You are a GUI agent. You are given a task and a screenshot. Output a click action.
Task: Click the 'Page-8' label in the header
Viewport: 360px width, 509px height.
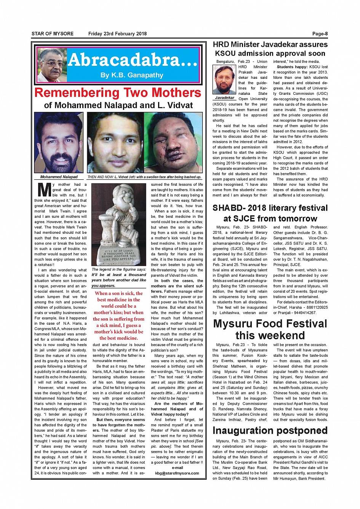point(320,34)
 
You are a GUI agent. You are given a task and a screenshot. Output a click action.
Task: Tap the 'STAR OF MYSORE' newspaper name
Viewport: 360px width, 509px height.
point(53,34)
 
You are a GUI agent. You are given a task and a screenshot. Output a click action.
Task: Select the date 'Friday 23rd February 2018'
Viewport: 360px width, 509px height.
point(117,34)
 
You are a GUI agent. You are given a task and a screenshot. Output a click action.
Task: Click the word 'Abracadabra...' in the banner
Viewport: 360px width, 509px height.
point(133,60)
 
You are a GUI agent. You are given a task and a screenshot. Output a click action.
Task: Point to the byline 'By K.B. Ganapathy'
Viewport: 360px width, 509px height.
point(132,75)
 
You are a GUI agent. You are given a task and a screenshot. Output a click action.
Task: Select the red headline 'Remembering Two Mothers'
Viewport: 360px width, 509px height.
point(118,93)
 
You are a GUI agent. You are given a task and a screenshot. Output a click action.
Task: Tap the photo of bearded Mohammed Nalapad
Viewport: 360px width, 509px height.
point(59,143)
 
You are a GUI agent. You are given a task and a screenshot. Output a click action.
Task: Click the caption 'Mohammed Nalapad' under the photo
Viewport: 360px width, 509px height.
point(59,177)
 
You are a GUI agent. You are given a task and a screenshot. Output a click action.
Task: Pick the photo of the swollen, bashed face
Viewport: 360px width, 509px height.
point(173,143)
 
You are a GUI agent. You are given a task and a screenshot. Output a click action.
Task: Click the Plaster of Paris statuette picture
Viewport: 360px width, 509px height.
point(119,225)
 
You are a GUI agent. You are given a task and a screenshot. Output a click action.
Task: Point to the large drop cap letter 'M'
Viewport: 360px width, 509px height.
point(44,190)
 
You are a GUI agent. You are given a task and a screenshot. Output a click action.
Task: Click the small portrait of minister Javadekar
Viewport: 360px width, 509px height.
point(224,80)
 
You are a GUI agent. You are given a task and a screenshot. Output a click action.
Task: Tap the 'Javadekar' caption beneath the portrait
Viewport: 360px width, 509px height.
point(224,98)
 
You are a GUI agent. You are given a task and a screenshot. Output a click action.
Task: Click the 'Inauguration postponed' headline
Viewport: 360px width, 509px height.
point(270,431)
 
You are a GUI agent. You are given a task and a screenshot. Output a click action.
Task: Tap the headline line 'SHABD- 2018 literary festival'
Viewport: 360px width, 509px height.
point(270,208)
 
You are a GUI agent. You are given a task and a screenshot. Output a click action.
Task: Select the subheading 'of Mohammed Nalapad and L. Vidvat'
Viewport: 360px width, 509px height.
point(118,105)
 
